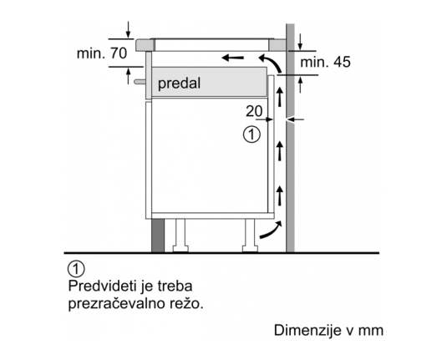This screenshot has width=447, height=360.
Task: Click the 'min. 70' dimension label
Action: point(102,53)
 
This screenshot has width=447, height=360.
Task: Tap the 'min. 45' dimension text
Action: point(325,62)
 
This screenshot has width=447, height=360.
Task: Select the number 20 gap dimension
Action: point(254,111)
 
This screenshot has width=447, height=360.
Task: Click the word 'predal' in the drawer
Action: point(179,84)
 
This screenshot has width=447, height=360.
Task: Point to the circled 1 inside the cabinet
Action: point(251,134)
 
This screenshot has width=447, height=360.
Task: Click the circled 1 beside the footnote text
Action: point(76,268)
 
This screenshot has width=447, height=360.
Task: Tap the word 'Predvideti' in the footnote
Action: point(102,286)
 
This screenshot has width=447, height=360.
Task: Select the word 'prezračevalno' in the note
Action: point(121,304)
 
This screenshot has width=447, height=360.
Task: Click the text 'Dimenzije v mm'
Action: point(328,331)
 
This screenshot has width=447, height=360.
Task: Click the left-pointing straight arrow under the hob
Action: point(232,58)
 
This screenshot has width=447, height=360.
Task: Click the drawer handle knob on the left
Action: point(140,82)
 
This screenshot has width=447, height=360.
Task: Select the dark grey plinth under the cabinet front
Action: point(158,236)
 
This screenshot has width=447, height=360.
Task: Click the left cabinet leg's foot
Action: point(180,249)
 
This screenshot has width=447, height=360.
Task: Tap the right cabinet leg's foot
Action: point(250,249)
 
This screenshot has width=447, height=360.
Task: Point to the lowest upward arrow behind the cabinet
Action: point(280,195)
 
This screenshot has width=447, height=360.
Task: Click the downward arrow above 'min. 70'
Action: point(129,29)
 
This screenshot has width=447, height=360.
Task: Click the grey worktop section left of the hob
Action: point(145,45)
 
